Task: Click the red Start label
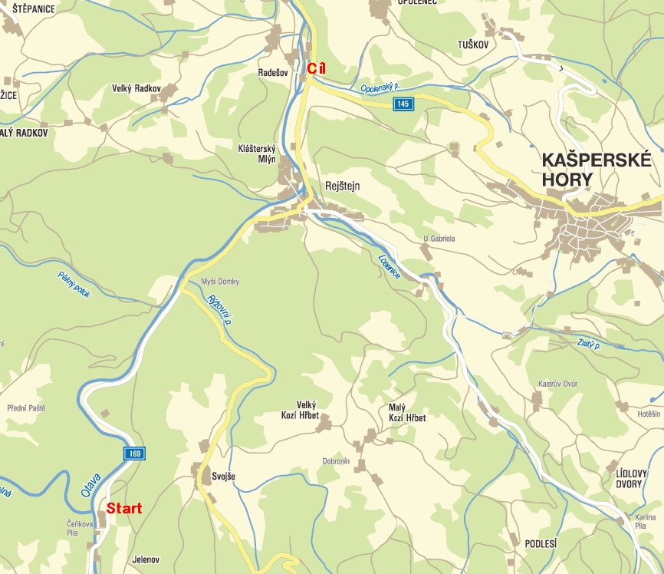123,508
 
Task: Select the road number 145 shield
404,104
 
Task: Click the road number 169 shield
135,454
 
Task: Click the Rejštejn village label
343,186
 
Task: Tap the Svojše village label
223,477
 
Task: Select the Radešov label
273,73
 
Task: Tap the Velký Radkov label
136,89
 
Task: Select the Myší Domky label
219,282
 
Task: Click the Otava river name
90,480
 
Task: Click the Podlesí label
541,543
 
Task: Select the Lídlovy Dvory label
626,479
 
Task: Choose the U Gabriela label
439,239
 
